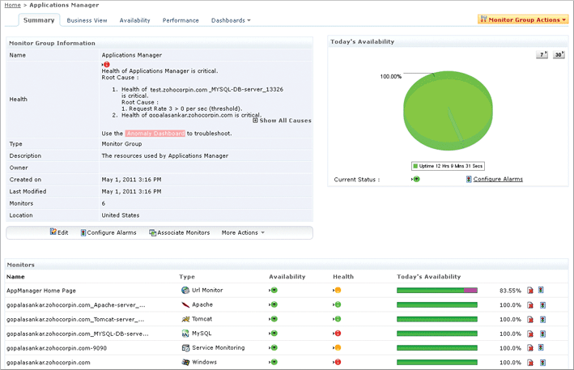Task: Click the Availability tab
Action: [134, 20]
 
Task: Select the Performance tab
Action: [181, 20]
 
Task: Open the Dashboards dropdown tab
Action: [231, 20]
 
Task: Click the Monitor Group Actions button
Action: [524, 19]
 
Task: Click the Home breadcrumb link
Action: [13, 5]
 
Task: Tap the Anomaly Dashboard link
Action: [155, 133]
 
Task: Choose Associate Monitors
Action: [180, 232]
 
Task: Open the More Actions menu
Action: [242, 232]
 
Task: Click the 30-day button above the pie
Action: [559, 55]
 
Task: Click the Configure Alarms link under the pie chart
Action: [498, 179]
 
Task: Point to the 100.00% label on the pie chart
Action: [391, 77]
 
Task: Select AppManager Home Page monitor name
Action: [40, 289]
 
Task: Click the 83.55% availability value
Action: [510, 289]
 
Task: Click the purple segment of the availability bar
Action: [470, 289]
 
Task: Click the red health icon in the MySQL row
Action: [337, 333]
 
